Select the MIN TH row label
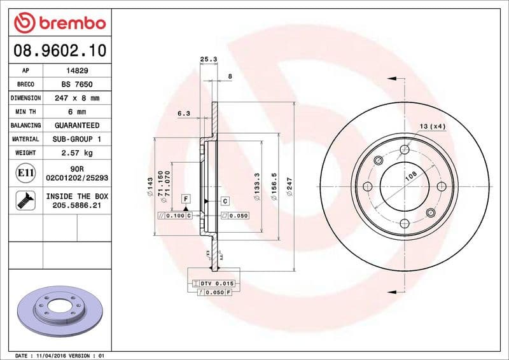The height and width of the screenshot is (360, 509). pyautogui.click(x=25, y=112)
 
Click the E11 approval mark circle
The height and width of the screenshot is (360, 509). pyautogui.click(x=25, y=172)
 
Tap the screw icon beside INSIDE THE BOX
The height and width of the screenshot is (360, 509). pyautogui.click(x=25, y=200)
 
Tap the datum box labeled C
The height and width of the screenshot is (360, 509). pyautogui.click(x=225, y=201)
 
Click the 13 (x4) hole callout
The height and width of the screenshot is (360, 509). pyautogui.click(x=433, y=127)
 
